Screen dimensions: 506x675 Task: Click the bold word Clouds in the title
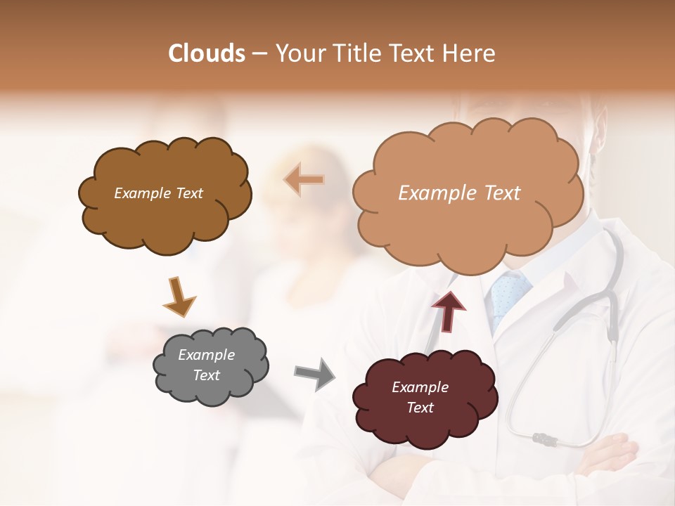pyautogui.click(x=207, y=53)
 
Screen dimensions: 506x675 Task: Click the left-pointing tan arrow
pyautogui.click(x=304, y=180)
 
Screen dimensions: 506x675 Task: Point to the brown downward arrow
pyautogui.click(x=179, y=297)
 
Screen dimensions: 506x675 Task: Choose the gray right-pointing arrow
pyautogui.click(x=314, y=374)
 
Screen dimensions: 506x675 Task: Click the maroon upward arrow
pyautogui.click(x=449, y=311)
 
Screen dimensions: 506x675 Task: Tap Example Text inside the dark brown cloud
pyautogui.click(x=158, y=193)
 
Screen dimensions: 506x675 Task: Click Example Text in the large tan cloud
pyautogui.click(x=459, y=193)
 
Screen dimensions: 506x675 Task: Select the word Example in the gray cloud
pyautogui.click(x=206, y=355)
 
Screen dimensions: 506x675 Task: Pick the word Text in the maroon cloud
pyautogui.click(x=420, y=408)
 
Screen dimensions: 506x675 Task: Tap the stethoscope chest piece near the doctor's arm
pyautogui.click(x=546, y=440)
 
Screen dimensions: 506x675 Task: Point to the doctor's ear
pyautogui.click(x=600, y=126)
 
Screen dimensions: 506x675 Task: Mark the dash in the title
pyautogui.click(x=260, y=53)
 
